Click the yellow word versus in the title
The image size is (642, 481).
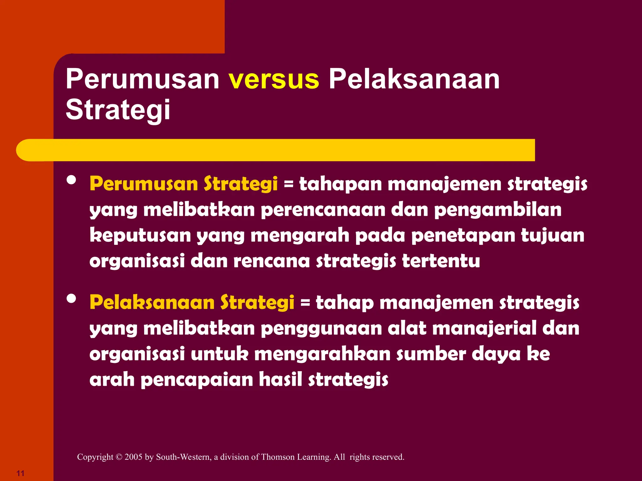[274, 80]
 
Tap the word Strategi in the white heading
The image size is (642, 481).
[118, 110]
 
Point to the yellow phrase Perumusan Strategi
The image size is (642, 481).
[184, 184]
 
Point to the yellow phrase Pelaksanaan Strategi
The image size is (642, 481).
[192, 303]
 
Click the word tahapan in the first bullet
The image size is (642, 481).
[340, 184]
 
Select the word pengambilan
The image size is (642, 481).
[498, 210]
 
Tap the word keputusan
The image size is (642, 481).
[140, 235]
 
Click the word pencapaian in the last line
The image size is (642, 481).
[197, 380]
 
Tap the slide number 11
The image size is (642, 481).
[20, 473]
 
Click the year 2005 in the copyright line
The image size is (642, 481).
[133, 457]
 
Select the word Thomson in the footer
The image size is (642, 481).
[278, 457]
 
